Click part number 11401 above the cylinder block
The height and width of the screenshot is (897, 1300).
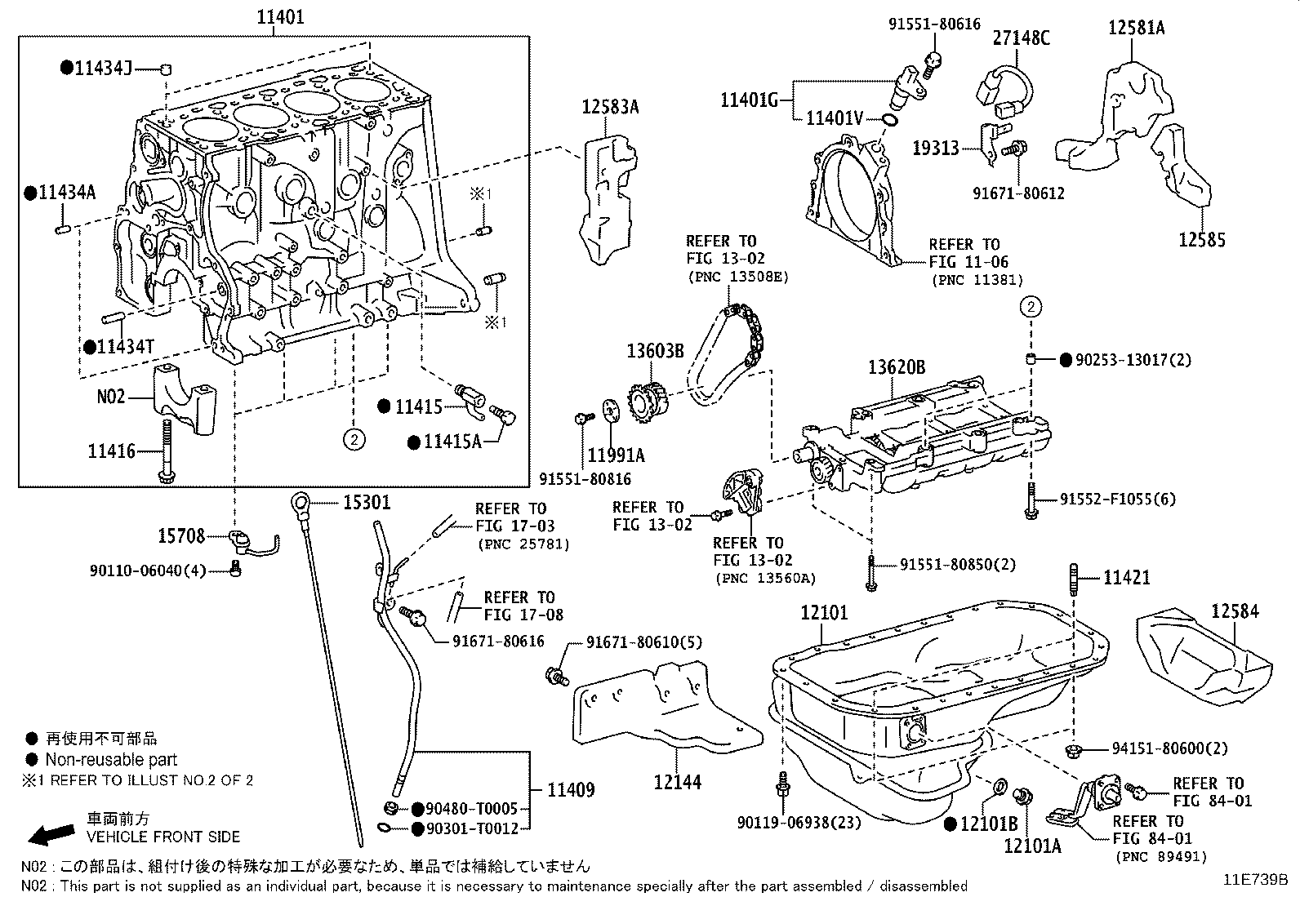(281, 16)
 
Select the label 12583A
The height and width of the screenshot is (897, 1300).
(610, 106)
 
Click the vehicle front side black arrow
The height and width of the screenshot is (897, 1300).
(51, 833)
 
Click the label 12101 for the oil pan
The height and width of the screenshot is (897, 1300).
(824, 612)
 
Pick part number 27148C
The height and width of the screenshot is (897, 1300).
(1022, 38)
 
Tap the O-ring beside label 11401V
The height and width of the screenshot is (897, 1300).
(890, 121)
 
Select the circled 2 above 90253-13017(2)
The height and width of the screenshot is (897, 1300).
(1031, 307)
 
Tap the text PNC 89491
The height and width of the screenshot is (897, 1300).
(1160, 856)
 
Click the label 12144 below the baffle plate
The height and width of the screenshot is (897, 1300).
(677, 783)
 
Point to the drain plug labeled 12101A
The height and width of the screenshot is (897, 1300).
(1020, 796)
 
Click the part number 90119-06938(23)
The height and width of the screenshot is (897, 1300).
(799, 822)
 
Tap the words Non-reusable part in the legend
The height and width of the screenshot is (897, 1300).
(111, 759)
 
